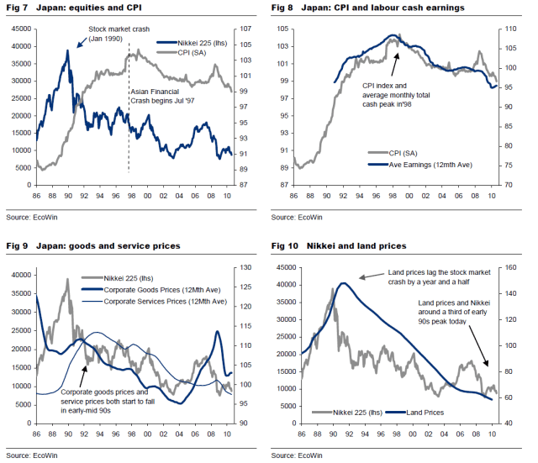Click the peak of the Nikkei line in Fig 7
[x=69, y=51]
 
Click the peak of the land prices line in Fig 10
[x=342, y=283]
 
